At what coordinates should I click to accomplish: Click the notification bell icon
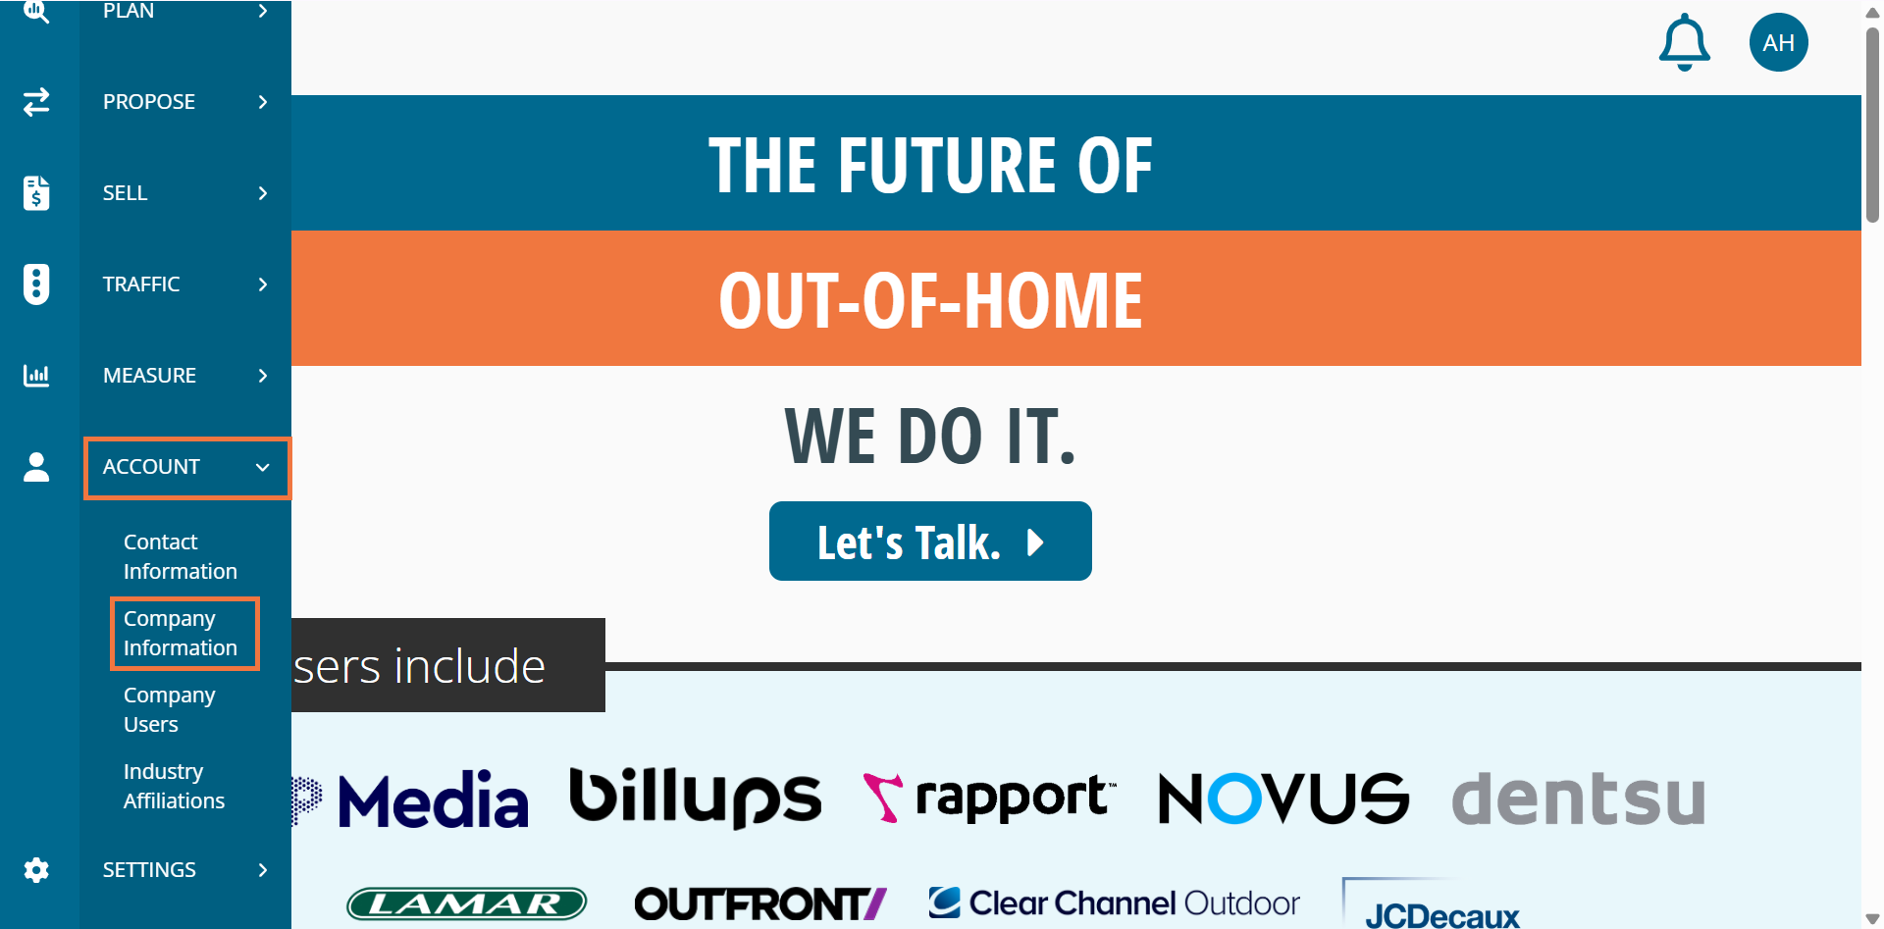pyautogui.click(x=1684, y=42)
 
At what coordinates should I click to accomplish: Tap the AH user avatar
pyautogui.click(x=1778, y=42)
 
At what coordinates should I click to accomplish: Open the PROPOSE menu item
pyautogui.click(x=149, y=102)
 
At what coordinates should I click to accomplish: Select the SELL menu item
pyautogui.click(x=126, y=193)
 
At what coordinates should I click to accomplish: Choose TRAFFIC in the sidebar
pyautogui.click(x=141, y=284)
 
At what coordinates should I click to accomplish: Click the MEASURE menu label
pyautogui.click(x=149, y=376)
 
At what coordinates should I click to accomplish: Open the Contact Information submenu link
pyautogui.click(x=181, y=556)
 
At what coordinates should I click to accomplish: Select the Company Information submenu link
pyautogui.click(x=181, y=633)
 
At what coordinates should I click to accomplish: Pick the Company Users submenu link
pyautogui.click(x=169, y=709)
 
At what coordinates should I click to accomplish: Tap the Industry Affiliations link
pyautogui.click(x=174, y=786)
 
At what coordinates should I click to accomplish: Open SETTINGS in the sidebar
pyautogui.click(x=149, y=870)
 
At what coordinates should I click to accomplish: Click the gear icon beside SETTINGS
pyautogui.click(x=36, y=870)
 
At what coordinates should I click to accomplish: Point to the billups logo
pyautogui.click(x=695, y=798)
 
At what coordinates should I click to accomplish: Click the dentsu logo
pyautogui.click(x=1578, y=798)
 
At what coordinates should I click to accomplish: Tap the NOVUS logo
pyautogui.click(x=1283, y=798)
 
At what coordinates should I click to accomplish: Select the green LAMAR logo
pyautogui.click(x=467, y=903)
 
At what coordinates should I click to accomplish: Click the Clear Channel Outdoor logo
pyautogui.click(x=1114, y=903)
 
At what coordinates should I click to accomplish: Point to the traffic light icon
pyautogui.click(x=36, y=284)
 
